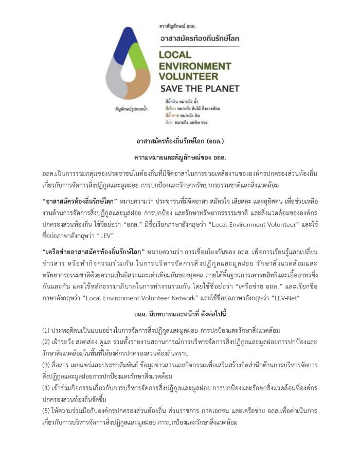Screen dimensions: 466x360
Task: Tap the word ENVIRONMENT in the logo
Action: [x=195, y=66]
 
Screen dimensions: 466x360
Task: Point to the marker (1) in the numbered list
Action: [x=46, y=330]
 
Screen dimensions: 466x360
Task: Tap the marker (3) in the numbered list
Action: [x=46, y=365]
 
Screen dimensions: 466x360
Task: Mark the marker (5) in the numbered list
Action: [x=46, y=411]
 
